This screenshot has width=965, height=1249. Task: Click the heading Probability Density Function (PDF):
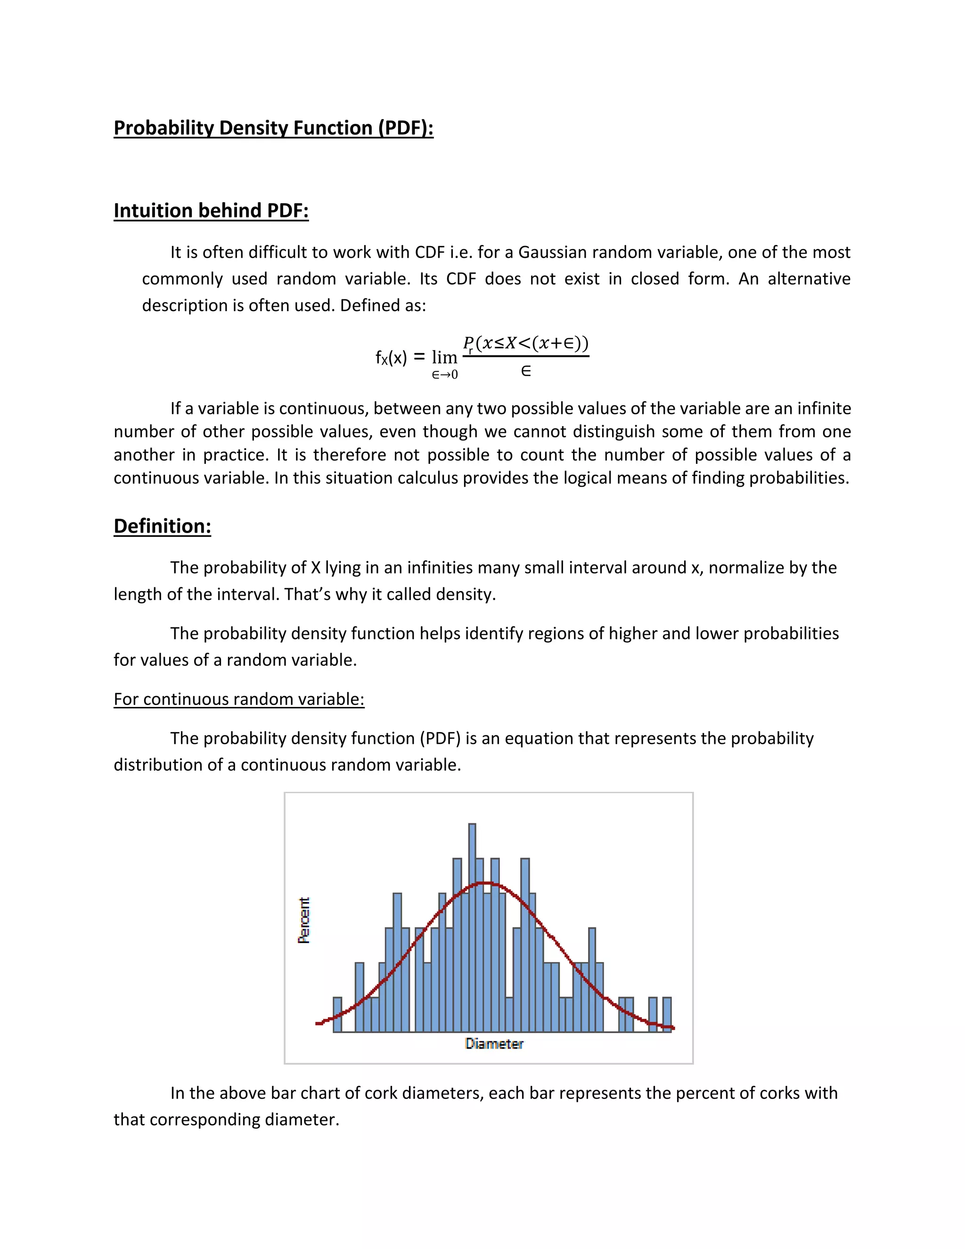coord(273,128)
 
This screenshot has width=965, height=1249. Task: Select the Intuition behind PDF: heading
coord(211,211)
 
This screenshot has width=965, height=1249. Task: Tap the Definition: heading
coord(163,526)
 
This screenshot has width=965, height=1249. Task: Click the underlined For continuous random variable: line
coord(239,699)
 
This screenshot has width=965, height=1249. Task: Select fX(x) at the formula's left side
coord(391,358)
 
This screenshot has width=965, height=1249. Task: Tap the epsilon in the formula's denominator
coord(526,372)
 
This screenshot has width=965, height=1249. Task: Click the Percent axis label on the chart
coord(304,920)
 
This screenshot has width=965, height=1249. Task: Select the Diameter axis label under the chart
coord(494,1044)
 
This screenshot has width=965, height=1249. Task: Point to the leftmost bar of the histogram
coord(337,1015)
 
